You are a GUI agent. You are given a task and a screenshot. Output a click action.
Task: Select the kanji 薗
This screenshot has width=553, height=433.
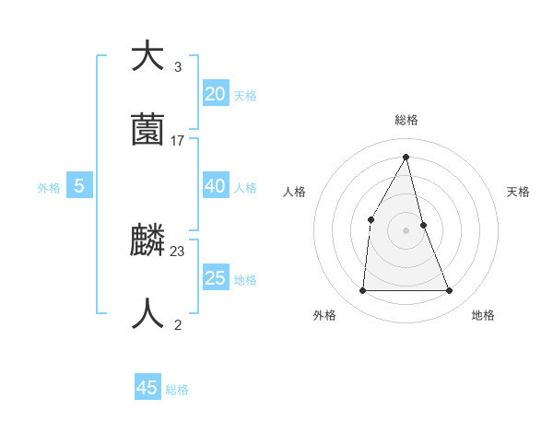coord(147,130)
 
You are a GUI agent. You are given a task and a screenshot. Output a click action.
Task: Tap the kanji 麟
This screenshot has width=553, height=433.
coord(147,240)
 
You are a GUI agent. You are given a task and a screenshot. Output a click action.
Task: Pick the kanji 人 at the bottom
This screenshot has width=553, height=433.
coord(147,314)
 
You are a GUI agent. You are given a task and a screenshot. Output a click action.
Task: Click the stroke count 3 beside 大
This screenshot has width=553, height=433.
coord(178,67)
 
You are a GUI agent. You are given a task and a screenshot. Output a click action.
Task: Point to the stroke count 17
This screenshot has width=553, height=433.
coord(178,141)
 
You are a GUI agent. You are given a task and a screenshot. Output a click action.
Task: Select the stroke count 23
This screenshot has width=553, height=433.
coord(178,252)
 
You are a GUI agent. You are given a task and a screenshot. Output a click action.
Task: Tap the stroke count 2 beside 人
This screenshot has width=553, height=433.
coord(178,325)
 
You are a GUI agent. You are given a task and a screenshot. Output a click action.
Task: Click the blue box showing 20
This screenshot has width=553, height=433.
coord(215,94)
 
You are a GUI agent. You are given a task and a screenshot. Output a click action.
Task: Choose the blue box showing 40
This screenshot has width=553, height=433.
coord(215,186)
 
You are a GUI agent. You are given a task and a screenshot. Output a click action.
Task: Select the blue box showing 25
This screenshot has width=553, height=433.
coord(215,278)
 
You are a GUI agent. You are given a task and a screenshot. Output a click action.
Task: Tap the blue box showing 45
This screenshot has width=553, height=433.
coord(147,388)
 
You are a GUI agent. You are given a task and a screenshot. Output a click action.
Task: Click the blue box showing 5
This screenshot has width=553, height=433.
coord(79,186)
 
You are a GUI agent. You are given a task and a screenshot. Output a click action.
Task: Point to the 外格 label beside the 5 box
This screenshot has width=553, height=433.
coord(49,188)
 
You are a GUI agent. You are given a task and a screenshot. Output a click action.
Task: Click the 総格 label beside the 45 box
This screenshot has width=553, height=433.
coord(177,390)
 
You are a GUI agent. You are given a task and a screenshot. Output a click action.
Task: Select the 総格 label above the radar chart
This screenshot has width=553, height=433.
coord(406,120)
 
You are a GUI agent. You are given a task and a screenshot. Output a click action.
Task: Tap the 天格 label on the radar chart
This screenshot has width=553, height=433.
coord(518,192)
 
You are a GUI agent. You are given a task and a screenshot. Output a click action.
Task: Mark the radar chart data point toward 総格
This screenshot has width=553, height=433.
coord(406,157)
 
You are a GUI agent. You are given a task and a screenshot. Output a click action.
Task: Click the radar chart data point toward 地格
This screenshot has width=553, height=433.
coord(450,291)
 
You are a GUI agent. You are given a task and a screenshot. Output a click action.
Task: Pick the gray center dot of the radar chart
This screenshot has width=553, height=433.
coord(406,230)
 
